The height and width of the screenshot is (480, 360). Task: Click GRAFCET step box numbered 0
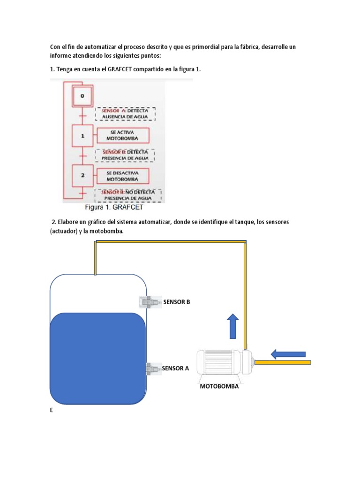point(82,96)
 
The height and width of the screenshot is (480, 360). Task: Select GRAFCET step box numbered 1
point(82,136)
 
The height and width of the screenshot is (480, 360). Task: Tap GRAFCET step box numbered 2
point(82,175)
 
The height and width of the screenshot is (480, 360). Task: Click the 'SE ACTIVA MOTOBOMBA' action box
point(122,136)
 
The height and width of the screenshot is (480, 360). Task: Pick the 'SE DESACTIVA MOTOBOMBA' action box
point(122,176)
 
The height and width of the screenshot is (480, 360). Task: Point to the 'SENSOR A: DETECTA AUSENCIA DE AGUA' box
point(125,114)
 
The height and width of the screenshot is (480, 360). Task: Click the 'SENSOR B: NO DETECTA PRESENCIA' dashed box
point(128,195)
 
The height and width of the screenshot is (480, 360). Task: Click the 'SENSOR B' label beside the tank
point(177,302)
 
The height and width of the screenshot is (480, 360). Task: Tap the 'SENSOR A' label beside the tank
point(175,368)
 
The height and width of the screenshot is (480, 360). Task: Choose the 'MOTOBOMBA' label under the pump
point(219,387)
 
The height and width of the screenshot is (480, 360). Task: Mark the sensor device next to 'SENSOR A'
point(153,368)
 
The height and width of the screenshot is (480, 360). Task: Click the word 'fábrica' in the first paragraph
point(247,47)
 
